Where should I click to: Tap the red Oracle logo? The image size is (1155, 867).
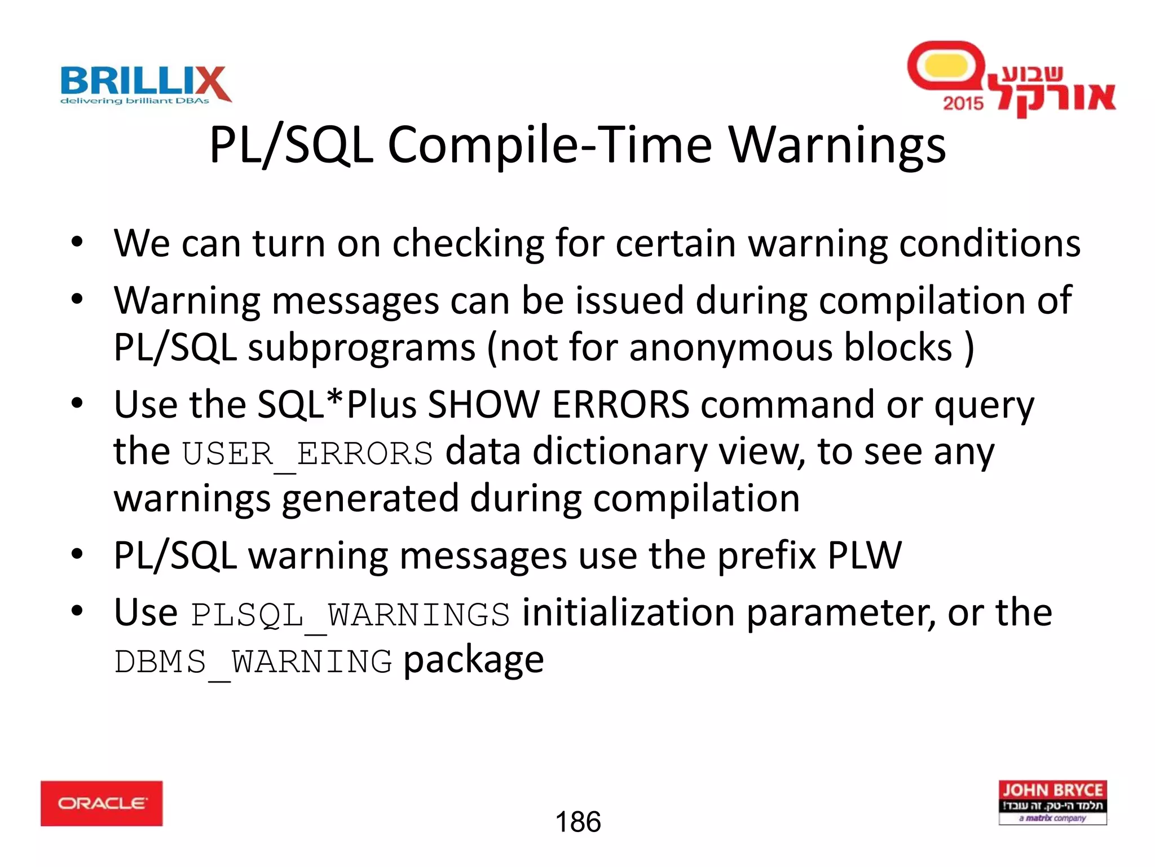[102, 803]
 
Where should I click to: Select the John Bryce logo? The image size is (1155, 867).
[1052, 802]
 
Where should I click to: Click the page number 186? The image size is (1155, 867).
[578, 822]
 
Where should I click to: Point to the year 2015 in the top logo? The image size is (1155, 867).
[963, 103]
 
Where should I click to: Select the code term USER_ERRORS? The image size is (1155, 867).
[307, 454]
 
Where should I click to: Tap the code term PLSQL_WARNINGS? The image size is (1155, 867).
[350, 615]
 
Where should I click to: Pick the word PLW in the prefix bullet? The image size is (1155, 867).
[865, 556]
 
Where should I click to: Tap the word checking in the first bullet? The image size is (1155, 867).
[468, 244]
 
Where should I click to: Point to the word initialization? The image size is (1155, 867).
[628, 613]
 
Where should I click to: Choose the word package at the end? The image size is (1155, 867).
[474, 660]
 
